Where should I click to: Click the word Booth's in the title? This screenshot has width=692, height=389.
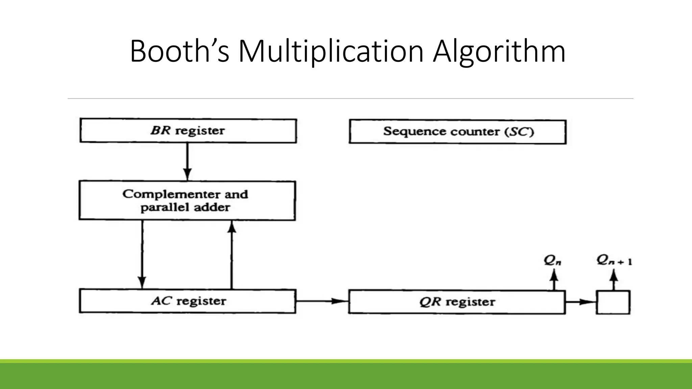coord(179,51)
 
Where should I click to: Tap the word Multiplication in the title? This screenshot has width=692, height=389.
coord(331,51)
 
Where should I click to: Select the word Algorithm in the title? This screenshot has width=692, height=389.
coord(499,51)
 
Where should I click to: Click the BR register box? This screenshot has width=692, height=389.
coord(188,131)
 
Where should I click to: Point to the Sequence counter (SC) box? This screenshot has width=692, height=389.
coord(458,132)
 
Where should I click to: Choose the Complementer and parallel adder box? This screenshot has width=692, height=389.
coord(187,201)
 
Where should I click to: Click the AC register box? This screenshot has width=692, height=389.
coord(188,301)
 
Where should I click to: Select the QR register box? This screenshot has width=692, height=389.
coord(457,302)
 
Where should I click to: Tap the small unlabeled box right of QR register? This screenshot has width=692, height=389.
coord(613,302)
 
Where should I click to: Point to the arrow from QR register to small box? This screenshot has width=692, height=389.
coord(580,302)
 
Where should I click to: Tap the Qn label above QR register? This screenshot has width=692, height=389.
coord(552,260)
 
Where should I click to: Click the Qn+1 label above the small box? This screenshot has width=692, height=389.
coord(614,260)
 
